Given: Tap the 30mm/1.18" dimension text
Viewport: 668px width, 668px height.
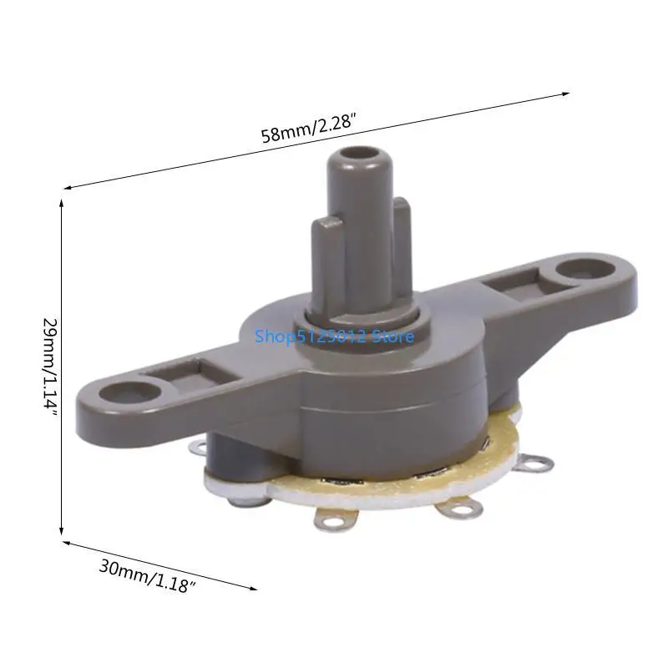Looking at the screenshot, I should (x=148, y=574).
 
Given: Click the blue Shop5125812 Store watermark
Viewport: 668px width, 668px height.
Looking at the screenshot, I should (x=333, y=337).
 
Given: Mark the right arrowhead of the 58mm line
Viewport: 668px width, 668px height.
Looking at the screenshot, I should (x=565, y=94).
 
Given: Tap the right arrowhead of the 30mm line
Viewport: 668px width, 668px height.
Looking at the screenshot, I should (x=252, y=587).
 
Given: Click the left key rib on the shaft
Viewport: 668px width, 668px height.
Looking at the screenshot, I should (x=326, y=250).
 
